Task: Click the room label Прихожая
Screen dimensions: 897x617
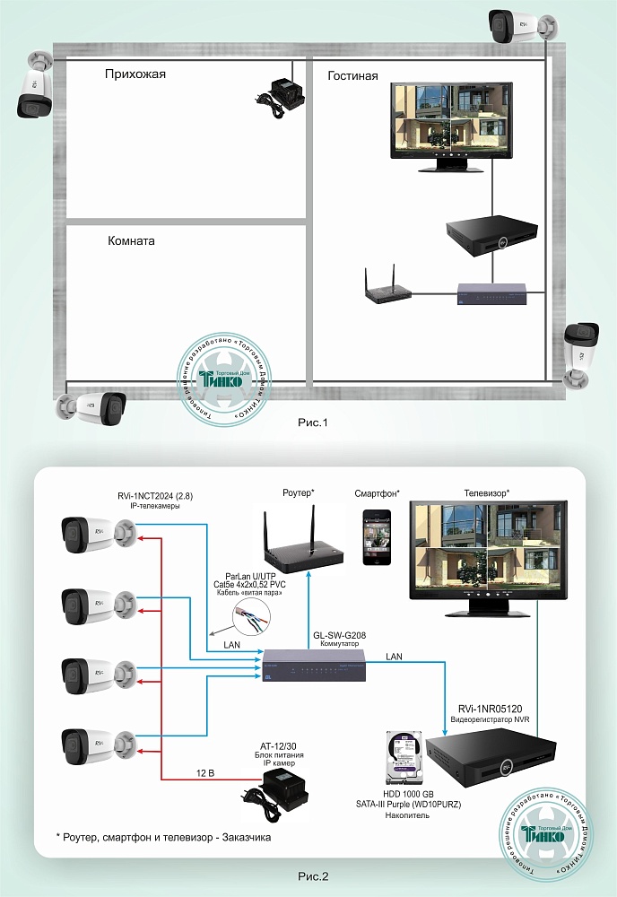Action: tap(135, 74)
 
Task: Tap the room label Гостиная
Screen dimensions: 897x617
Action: tap(352, 76)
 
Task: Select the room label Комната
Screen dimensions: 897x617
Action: tap(131, 241)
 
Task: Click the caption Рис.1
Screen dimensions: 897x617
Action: tap(314, 422)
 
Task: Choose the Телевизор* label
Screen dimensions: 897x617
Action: tap(487, 492)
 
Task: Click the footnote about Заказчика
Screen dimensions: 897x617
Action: tap(162, 837)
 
